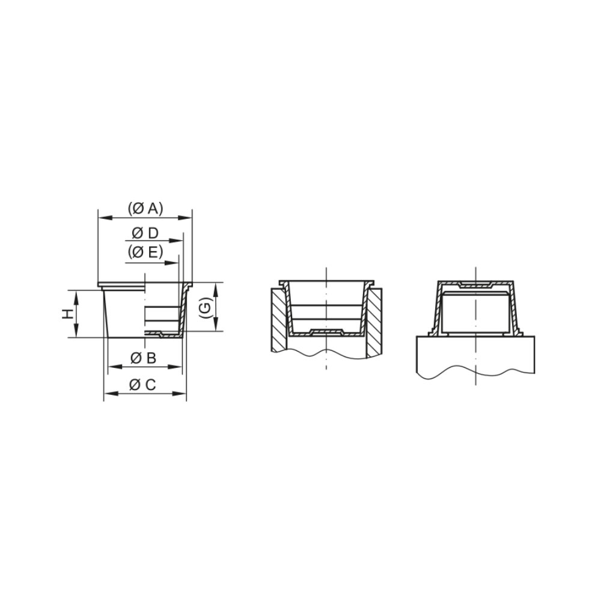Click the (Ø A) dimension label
pyautogui.click(x=145, y=209)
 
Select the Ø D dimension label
pyautogui.click(x=145, y=233)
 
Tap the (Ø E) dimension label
pyautogui.click(x=145, y=252)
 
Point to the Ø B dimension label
pyautogui.click(x=144, y=358)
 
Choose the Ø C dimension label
pyautogui.click(x=142, y=384)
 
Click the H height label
pyautogui.click(x=68, y=314)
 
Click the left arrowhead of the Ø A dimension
pyautogui.click(x=105, y=218)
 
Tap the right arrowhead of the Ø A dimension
pyautogui.click(x=185, y=218)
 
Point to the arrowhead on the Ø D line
pyautogui.click(x=176, y=241)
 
